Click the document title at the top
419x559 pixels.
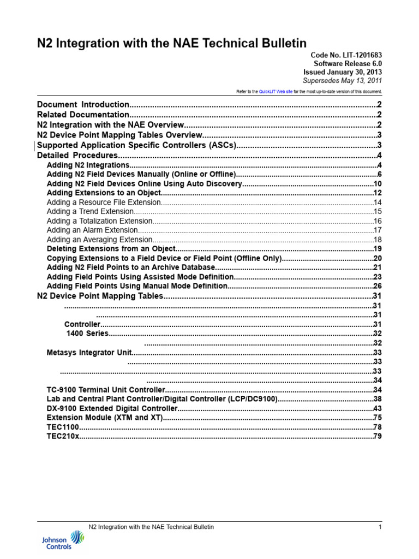171,43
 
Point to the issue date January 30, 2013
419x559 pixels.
343,72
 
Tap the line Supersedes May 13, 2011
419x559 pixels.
342,80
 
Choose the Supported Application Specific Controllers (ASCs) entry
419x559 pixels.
136,145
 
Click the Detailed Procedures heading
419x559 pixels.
77,156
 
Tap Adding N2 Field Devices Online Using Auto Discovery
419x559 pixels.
145,184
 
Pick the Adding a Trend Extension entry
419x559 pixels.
90,211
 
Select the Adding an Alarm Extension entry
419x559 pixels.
92,230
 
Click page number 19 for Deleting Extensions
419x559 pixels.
377,249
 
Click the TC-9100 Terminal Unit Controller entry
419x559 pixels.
106,390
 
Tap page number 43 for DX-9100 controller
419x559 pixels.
377,408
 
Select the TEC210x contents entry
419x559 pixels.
63,436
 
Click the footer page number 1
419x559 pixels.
379,527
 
